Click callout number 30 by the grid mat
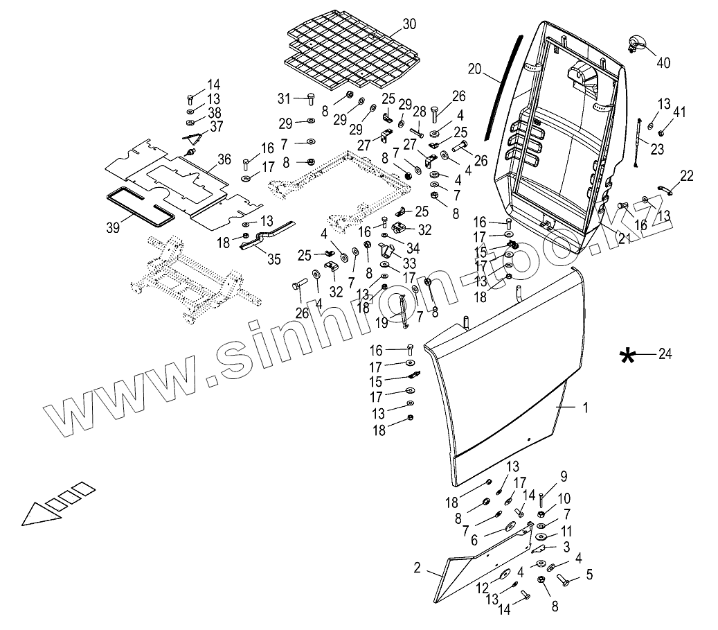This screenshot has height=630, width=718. click(x=409, y=24)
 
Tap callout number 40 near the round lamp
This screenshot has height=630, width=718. click(x=663, y=62)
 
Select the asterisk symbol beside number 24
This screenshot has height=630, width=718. click(x=627, y=356)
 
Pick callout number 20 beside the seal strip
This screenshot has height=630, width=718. click(x=474, y=69)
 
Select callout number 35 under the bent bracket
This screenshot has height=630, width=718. click(x=274, y=259)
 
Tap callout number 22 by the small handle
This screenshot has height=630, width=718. click(x=686, y=176)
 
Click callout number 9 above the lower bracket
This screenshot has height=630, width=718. click(x=563, y=476)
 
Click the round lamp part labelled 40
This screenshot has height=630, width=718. click(x=636, y=43)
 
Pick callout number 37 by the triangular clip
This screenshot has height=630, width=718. click(x=198, y=125)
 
